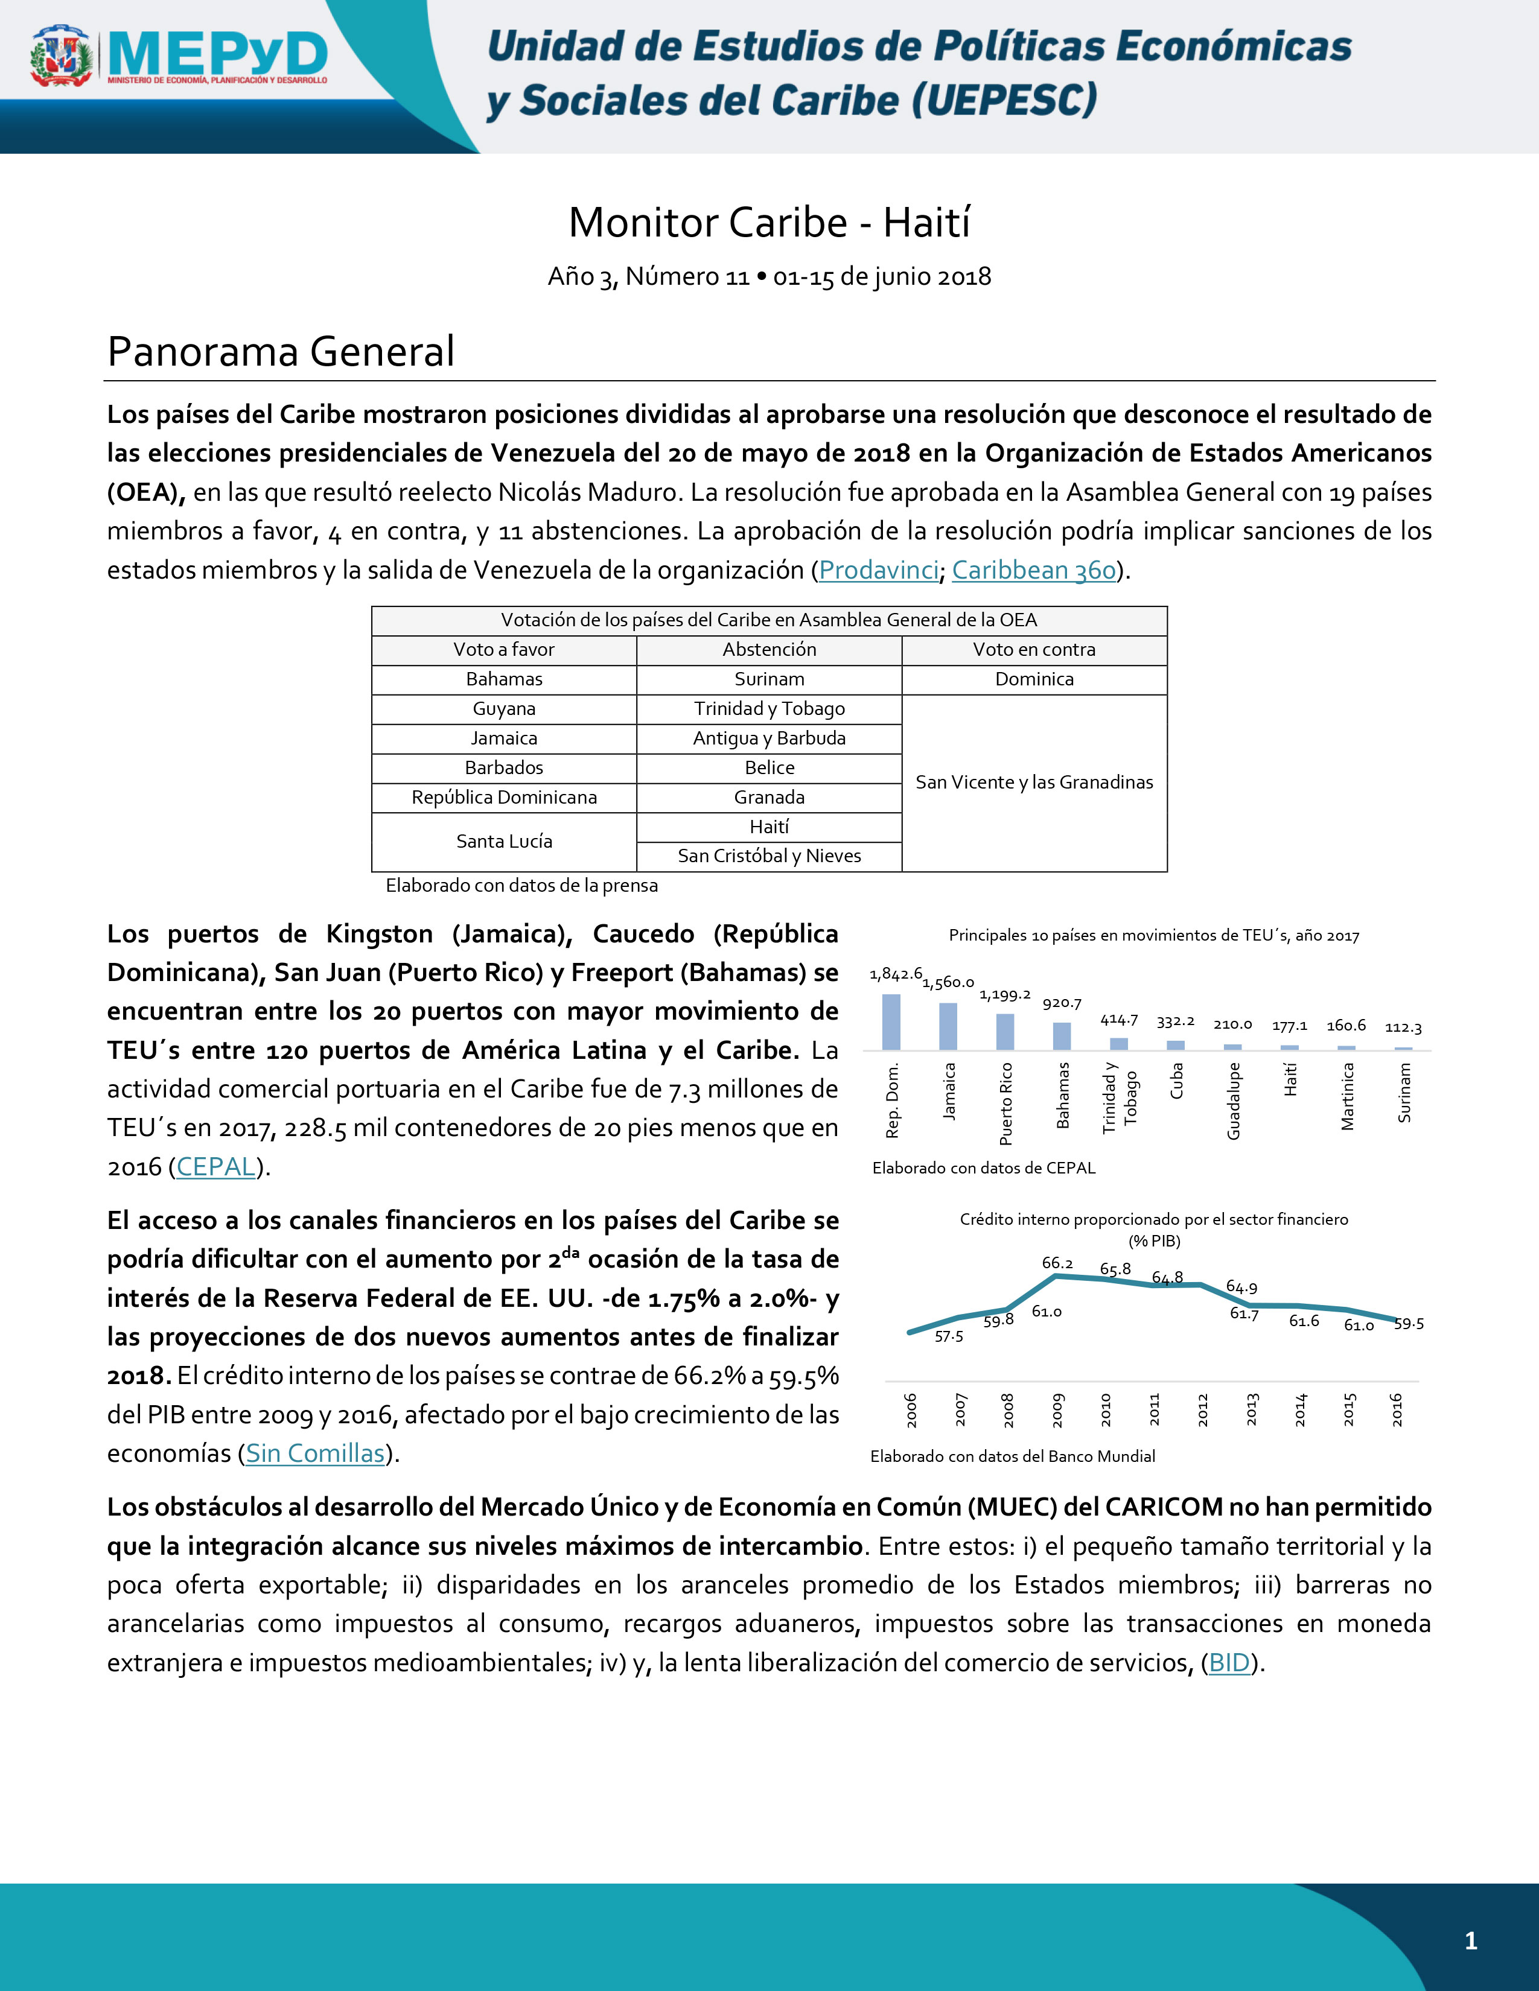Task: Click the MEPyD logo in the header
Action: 179,57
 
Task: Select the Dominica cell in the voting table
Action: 1034,679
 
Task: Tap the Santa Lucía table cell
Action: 504,842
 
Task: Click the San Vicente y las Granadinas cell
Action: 1034,782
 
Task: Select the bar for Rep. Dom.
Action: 891,1022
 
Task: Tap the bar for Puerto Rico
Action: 1005,1032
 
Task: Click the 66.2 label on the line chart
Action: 1057,1263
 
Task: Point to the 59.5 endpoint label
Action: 1409,1324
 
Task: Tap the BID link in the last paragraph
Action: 1229,1663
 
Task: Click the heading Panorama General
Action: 281,352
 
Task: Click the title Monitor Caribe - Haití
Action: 769,223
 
